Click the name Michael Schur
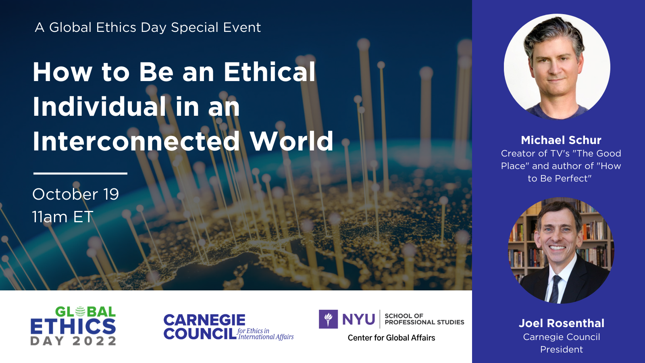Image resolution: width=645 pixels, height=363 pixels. tap(561, 140)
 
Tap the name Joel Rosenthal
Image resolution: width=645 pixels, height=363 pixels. tap(561, 323)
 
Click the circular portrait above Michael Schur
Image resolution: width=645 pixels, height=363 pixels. tap(557, 67)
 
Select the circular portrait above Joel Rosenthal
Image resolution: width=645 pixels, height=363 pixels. tap(561, 250)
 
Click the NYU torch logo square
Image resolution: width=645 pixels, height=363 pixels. tap(328, 319)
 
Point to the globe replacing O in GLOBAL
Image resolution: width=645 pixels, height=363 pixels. tap(80, 312)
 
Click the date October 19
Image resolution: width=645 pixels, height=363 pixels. tap(75, 194)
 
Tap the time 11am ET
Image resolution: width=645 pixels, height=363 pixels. tap(62, 217)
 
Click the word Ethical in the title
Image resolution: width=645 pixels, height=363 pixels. tap(269, 72)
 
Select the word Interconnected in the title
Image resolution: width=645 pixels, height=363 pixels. tap(136, 141)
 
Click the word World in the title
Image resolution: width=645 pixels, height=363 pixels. tap(291, 141)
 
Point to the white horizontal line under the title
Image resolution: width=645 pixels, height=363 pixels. tap(80, 173)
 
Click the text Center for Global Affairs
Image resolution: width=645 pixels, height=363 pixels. tap(391, 338)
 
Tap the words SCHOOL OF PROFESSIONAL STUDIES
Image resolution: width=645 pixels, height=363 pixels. tap(424, 319)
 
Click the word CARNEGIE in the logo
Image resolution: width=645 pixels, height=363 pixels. tap(204, 320)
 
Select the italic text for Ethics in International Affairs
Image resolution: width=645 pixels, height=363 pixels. tap(266, 334)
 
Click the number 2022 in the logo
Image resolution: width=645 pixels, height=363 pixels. tap(94, 341)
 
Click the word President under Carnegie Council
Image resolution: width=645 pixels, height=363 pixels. tap(561, 349)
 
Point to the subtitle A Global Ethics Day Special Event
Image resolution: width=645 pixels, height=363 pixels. tap(148, 28)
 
